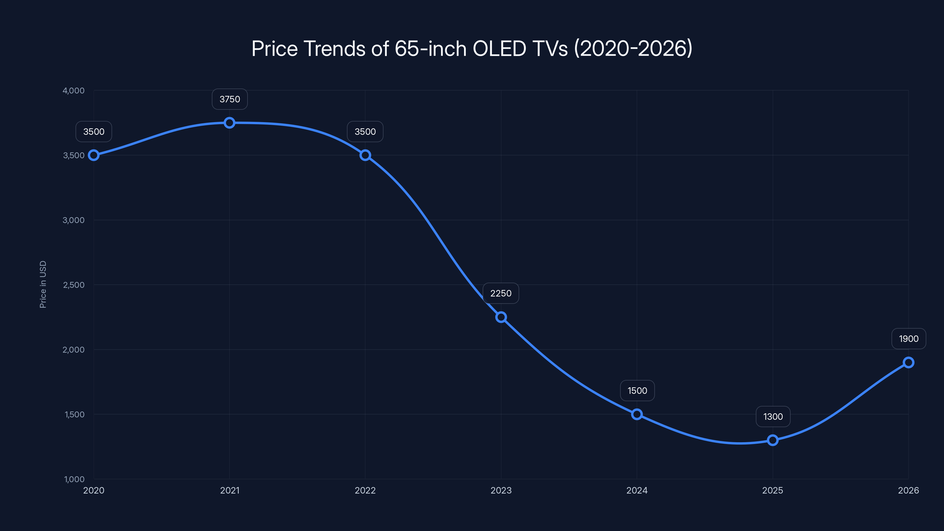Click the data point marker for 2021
click(230, 123)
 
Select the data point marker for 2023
click(501, 317)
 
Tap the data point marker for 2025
click(773, 440)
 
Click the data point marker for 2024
click(637, 414)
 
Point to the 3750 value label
click(230, 99)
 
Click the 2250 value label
click(501, 293)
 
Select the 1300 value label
click(773, 417)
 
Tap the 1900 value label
click(909, 339)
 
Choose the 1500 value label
click(637, 391)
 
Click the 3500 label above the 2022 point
click(365, 132)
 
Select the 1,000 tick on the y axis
click(74, 479)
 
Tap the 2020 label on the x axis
click(94, 490)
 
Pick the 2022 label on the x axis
click(365, 490)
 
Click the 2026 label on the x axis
click(908, 490)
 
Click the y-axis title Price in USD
click(43, 284)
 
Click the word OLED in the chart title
click(499, 48)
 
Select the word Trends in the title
click(334, 48)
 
